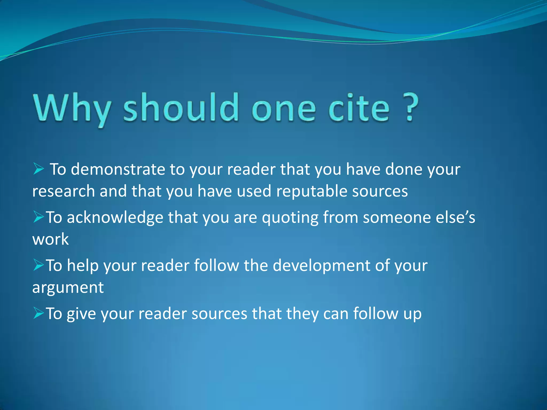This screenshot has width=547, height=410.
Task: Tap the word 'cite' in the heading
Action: [x=358, y=108]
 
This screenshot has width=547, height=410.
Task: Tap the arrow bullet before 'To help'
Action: [x=38, y=265]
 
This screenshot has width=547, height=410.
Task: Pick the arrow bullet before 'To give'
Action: [x=38, y=313]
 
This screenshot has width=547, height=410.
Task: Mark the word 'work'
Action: [x=50, y=239]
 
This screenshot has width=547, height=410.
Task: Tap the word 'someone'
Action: [x=397, y=218]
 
